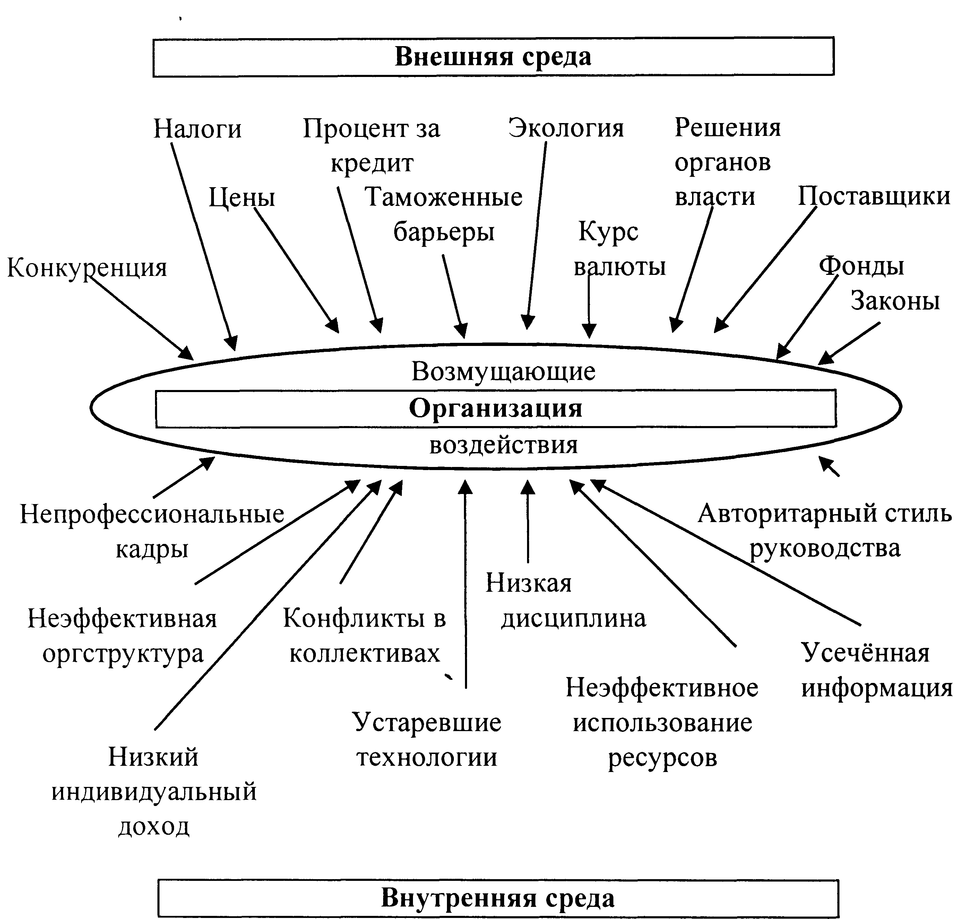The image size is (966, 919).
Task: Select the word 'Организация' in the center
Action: pos(495,408)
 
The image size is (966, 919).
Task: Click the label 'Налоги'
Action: pos(197,129)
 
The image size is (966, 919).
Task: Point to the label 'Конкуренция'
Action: pos(87,268)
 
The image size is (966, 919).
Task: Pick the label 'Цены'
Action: pos(241,198)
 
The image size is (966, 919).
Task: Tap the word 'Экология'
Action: pos(566,128)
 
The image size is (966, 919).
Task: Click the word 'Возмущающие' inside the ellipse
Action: pos(503,371)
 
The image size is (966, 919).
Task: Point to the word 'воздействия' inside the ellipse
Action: pos(503,445)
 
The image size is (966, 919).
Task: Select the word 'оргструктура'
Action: pos(122,653)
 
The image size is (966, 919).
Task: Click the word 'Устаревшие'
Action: pos(426,722)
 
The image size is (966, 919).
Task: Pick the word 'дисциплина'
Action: pos(573,618)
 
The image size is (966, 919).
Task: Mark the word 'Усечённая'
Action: pos(865,653)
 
